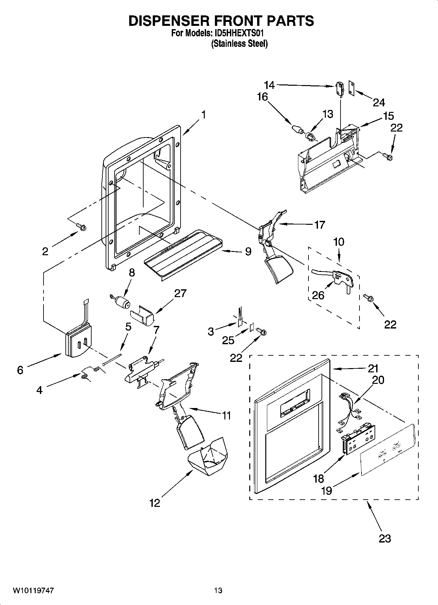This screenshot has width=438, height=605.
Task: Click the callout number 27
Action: pyautogui.click(x=180, y=294)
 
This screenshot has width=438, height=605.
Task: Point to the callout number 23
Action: pyautogui.click(x=385, y=538)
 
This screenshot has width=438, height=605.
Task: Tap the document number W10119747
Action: pyautogui.click(x=33, y=591)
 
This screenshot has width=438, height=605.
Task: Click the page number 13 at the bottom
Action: pyautogui.click(x=218, y=591)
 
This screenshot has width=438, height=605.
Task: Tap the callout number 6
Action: pyautogui.click(x=20, y=370)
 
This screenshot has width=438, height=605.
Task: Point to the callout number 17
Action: pyautogui.click(x=319, y=225)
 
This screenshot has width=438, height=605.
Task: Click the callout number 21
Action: pyautogui.click(x=373, y=368)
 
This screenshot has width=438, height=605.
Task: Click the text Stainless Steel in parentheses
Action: pyautogui.click(x=239, y=44)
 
